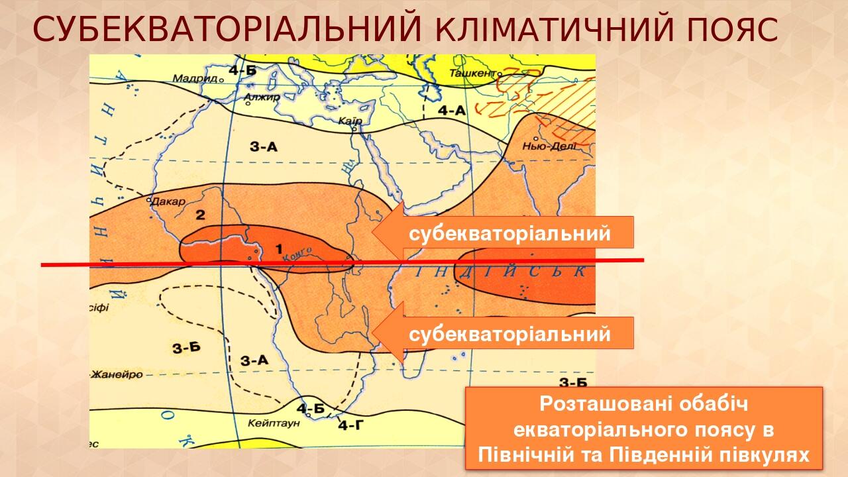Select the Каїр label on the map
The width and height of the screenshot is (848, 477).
(349, 121)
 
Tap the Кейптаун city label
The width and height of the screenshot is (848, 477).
(274, 422)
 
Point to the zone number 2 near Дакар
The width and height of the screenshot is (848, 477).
(199, 214)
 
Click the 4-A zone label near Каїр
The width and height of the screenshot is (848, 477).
(452, 111)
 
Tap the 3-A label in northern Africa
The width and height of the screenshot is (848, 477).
(264, 147)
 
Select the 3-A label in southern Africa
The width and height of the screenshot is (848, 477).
(254, 360)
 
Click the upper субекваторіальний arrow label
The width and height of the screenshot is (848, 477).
(509, 233)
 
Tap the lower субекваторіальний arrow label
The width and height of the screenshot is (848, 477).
(509, 334)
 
